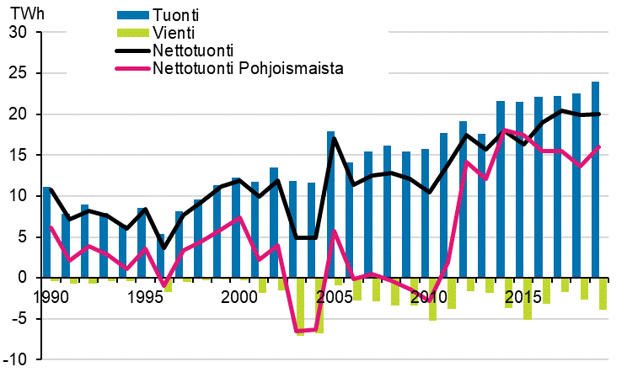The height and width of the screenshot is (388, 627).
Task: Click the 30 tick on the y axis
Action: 18,33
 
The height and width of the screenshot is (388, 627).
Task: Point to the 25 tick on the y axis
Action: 18,73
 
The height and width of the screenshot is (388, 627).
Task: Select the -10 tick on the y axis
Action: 16,359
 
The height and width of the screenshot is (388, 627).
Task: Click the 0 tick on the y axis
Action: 24,278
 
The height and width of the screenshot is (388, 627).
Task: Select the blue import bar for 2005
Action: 330,205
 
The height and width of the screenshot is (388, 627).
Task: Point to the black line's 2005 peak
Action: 334,139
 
